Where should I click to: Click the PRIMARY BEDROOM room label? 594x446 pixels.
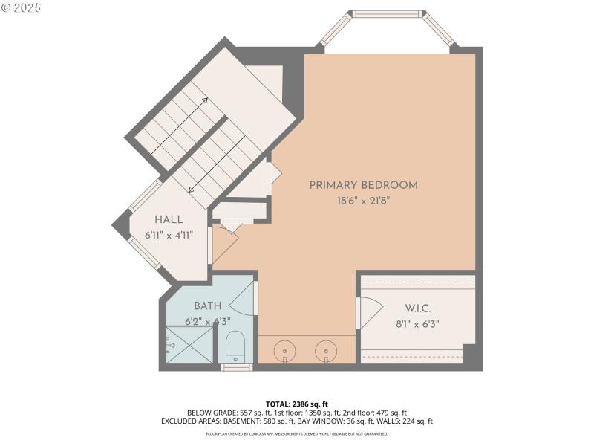[x=363, y=185]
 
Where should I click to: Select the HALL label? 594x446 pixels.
[x=169, y=220]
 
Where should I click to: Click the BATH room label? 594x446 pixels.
[x=207, y=306]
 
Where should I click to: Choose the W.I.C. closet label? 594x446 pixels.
[x=418, y=308]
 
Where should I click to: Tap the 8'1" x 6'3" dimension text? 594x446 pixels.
[x=418, y=323]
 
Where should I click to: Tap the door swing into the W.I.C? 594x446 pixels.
[x=369, y=312]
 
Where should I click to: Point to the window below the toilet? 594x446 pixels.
[x=237, y=366]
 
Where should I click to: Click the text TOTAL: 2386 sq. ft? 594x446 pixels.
[x=296, y=404]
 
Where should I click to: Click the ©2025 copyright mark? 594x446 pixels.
[x=21, y=7]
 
